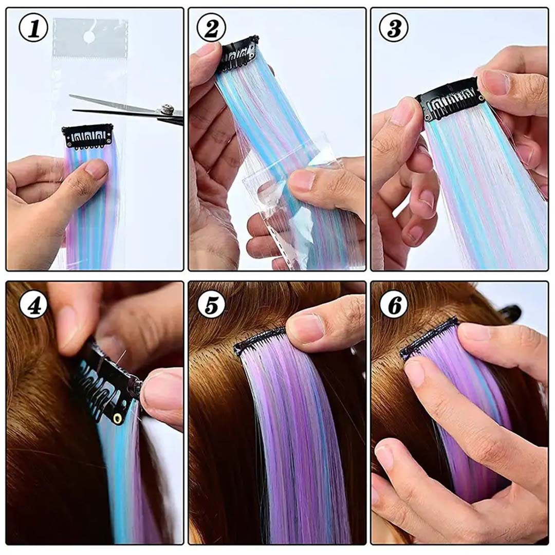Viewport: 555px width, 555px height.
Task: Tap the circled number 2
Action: (x=211, y=30)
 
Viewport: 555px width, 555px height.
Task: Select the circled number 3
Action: (x=394, y=30)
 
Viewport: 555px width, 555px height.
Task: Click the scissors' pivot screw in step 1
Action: (x=166, y=109)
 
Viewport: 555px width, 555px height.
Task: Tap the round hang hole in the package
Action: (x=89, y=36)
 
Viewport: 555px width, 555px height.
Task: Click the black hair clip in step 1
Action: (x=87, y=136)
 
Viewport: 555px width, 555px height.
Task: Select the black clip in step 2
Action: (x=237, y=53)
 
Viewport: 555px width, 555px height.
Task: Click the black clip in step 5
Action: (x=260, y=340)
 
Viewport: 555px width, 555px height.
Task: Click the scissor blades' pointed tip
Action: (x=71, y=96)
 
